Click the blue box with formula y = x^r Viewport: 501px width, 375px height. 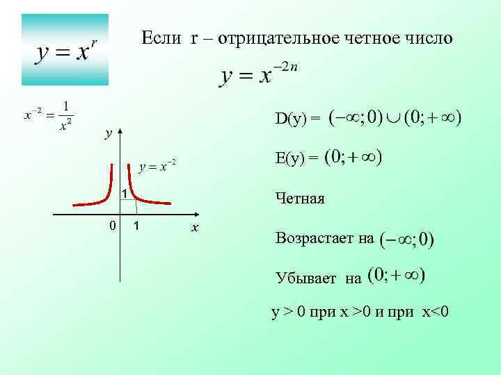pyautogui.click(x=65, y=49)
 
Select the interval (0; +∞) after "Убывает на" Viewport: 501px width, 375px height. pyautogui.click(x=396, y=276)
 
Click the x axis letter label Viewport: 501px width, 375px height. pyautogui.click(x=196, y=228)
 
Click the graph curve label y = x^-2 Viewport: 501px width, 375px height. pyautogui.click(x=157, y=166)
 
